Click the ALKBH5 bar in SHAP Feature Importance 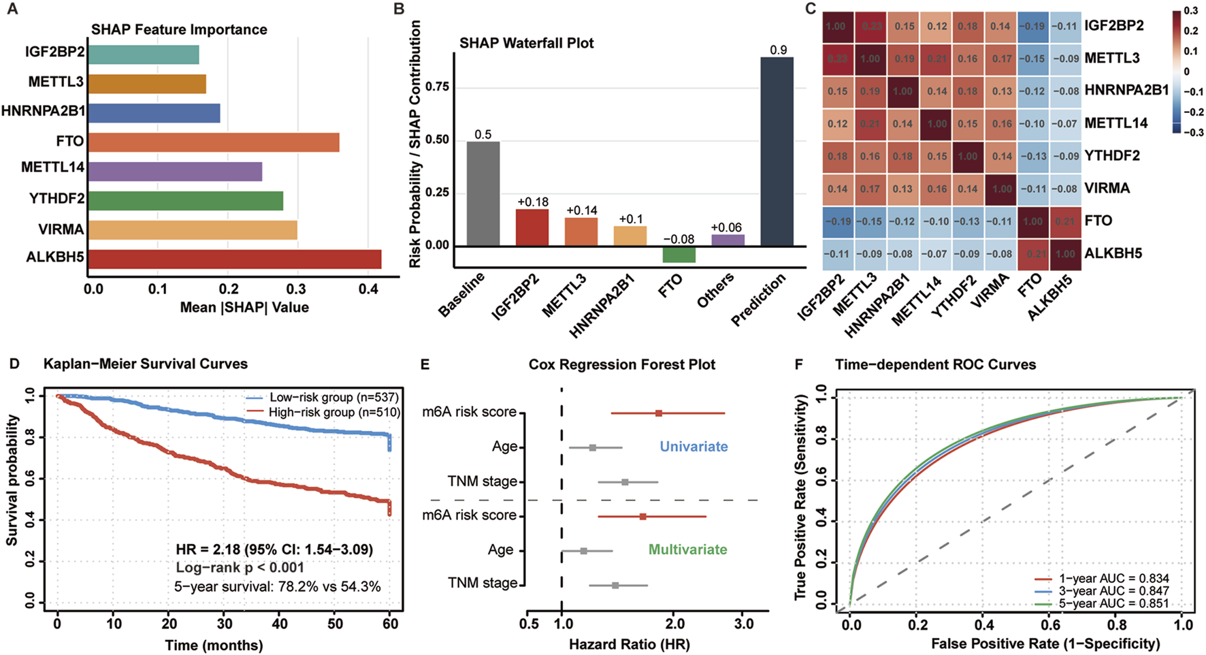234,259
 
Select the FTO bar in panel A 213,142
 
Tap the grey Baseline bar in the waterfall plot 483,193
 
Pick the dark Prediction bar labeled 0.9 777,151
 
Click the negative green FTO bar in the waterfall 679,254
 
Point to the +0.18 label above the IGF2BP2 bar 532,202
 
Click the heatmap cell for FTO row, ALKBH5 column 1064,221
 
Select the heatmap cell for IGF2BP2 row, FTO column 1031,26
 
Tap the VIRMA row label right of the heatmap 1107,188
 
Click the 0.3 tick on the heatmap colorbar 1191,11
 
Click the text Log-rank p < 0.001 240,567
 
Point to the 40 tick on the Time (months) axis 280,624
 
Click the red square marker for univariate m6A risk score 658,413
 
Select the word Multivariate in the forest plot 687,549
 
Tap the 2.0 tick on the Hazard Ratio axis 674,624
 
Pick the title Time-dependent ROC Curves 935,364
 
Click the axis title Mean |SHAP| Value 244,307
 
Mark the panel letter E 425,364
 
